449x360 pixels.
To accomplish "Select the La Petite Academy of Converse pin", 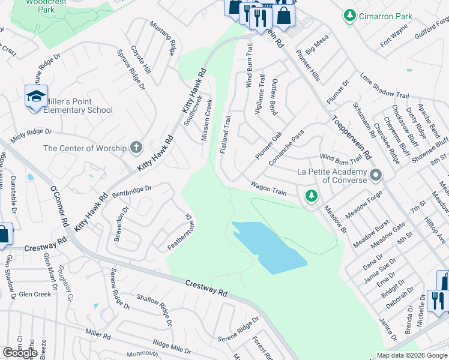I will click(376, 175).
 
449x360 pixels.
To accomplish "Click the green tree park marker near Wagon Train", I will click(311, 195).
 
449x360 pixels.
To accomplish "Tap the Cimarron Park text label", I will click(386, 16).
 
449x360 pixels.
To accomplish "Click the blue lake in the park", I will click(267, 245).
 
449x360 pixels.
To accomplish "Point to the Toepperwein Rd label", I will click(350, 137).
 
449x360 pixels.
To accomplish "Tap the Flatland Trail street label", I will click(225, 134).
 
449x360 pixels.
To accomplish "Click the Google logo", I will click(20, 353).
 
